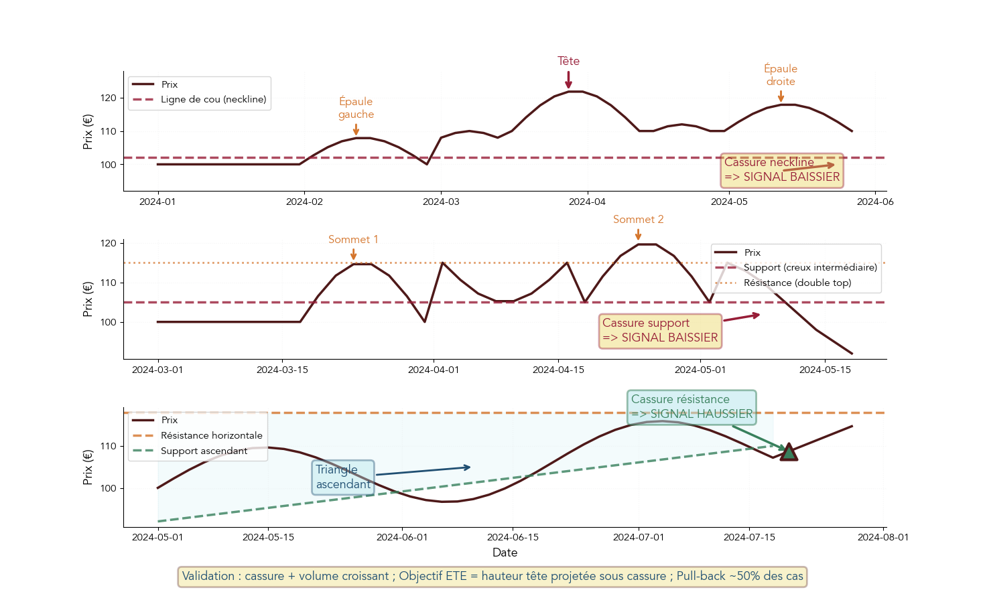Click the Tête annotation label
tap(568, 61)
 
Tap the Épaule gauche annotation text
tap(356, 108)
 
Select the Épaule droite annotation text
tap(781, 75)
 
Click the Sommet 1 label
tap(353, 240)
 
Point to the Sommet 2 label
tap(638, 220)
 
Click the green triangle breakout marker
tap(789, 453)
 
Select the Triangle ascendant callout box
tap(343, 477)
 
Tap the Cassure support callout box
tap(660, 331)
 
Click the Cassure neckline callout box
tap(781, 170)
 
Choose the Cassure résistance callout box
tap(692, 407)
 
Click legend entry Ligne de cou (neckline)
tap(213, 100)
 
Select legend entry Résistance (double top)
tap(797, 283)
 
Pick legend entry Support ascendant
tap(204, 451)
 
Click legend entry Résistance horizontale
tap(211, 435)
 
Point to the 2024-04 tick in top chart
tap(588, 202)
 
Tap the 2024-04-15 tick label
tap(558, 370)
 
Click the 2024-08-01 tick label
tap(883, 537)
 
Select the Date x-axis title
tap(505, 552)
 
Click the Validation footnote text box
tap(492, 577)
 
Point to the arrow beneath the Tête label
tap(568, 80)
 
